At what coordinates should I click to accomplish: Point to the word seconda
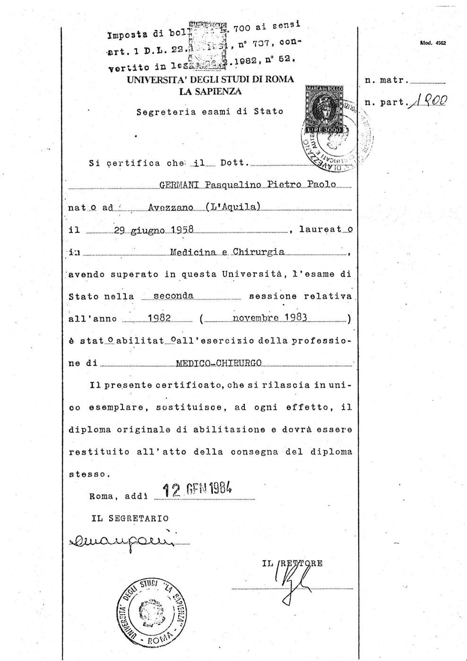click(x=173, y=296)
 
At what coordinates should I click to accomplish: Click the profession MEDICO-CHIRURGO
click(x=218, y=364)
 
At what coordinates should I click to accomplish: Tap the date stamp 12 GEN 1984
click(x=198, y=490)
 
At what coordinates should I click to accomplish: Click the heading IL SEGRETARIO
click(x=130, y=518)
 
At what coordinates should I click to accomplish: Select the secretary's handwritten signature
click(x=122, y=539)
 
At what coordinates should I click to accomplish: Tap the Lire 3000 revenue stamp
click(x=324, y=110)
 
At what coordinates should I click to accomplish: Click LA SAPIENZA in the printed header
click(x=210, y=91)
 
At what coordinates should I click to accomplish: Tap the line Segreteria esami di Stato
click(x=209, y=112)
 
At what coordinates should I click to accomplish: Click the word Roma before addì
click(x=101, y=496)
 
